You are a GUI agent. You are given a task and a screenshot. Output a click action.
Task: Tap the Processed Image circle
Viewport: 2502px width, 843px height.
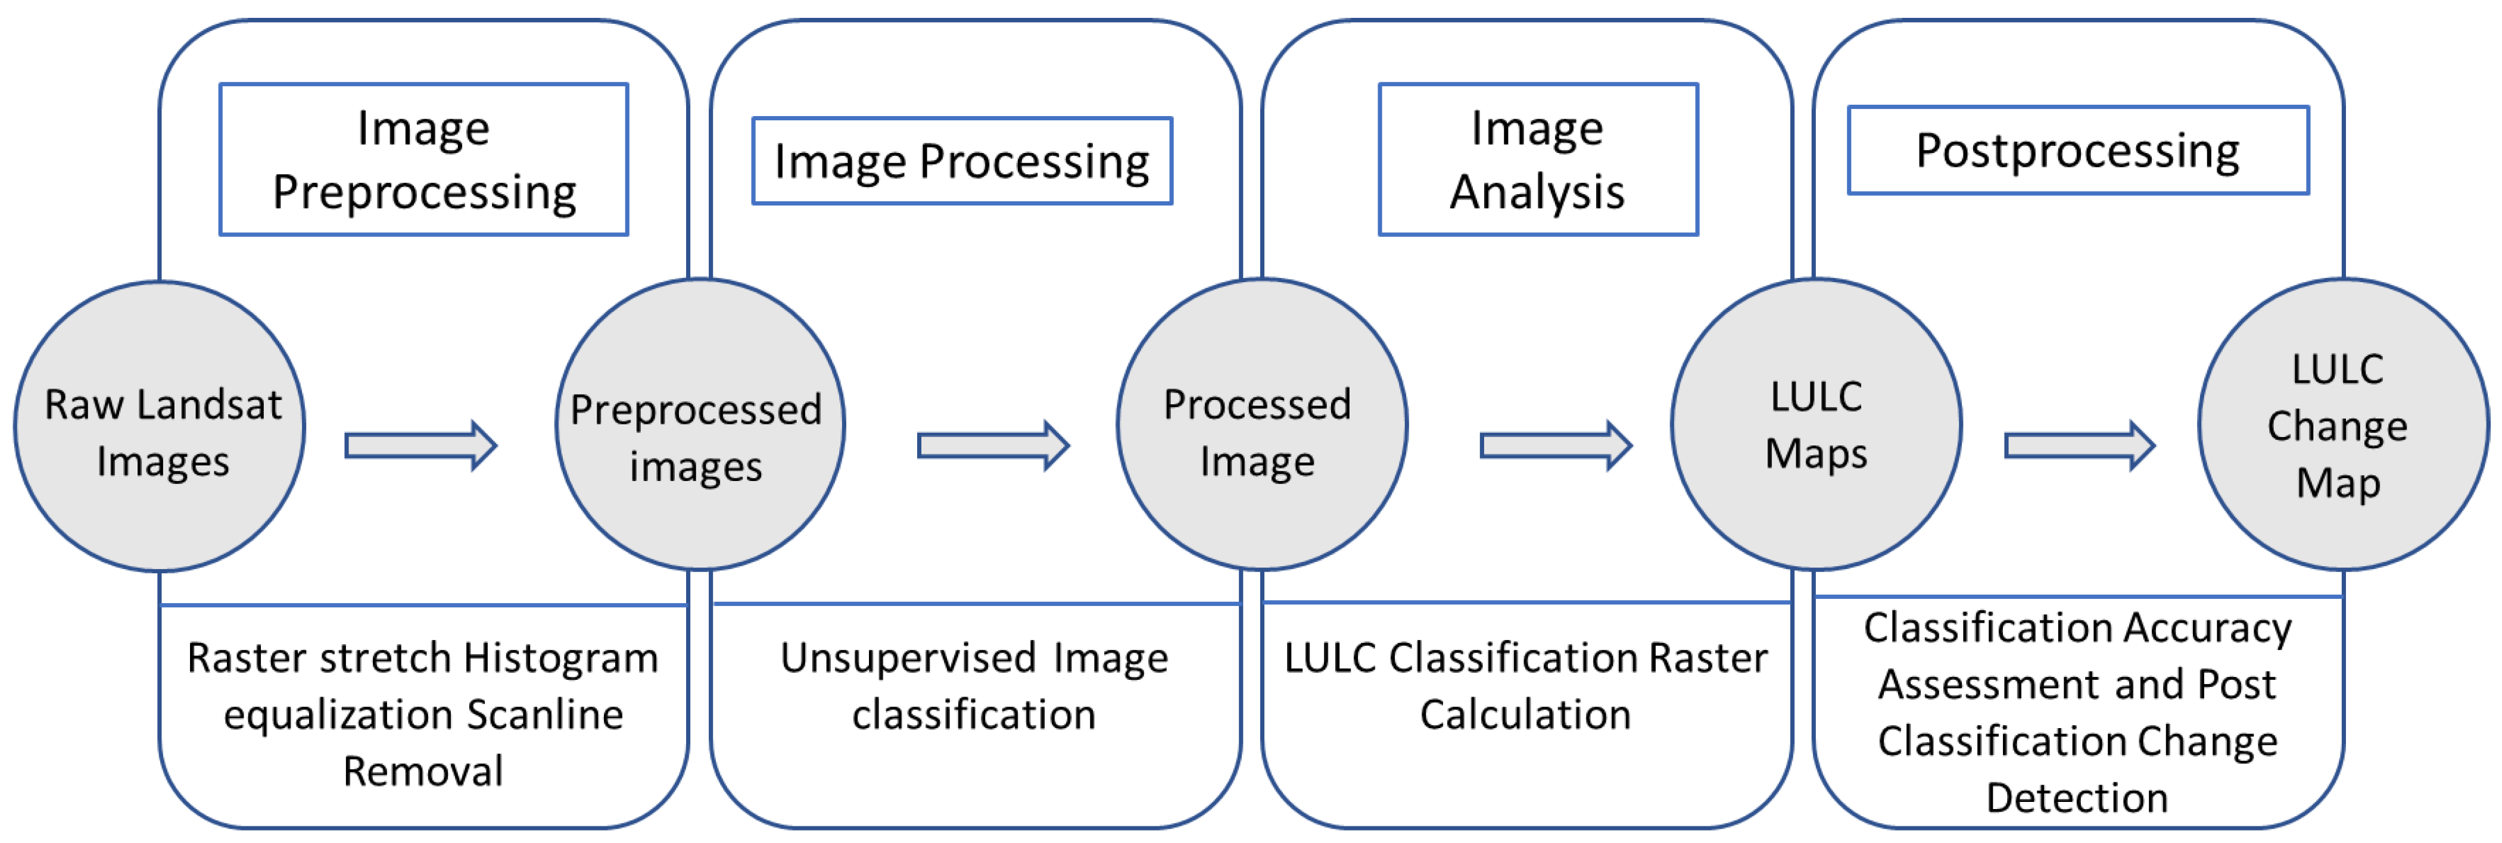[1261, 424]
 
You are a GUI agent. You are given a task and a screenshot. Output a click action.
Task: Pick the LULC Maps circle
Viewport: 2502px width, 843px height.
[1816, 424]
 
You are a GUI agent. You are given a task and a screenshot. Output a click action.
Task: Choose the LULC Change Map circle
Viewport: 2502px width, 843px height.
[2344, 424]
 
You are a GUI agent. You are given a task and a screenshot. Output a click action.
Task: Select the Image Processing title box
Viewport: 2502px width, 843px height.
[962, 161]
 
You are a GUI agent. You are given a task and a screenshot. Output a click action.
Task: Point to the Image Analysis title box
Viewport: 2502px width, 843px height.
[1538, 160]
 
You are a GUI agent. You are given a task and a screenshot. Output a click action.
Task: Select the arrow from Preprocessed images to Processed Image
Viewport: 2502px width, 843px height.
[993, 446]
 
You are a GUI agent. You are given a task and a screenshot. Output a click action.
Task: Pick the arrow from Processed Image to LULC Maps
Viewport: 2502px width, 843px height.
[1556, 446]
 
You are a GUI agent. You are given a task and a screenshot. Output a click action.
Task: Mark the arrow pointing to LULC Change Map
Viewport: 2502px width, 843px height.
[2080, 446]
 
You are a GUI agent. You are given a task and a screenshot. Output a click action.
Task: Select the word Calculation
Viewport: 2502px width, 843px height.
[1525, 715]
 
